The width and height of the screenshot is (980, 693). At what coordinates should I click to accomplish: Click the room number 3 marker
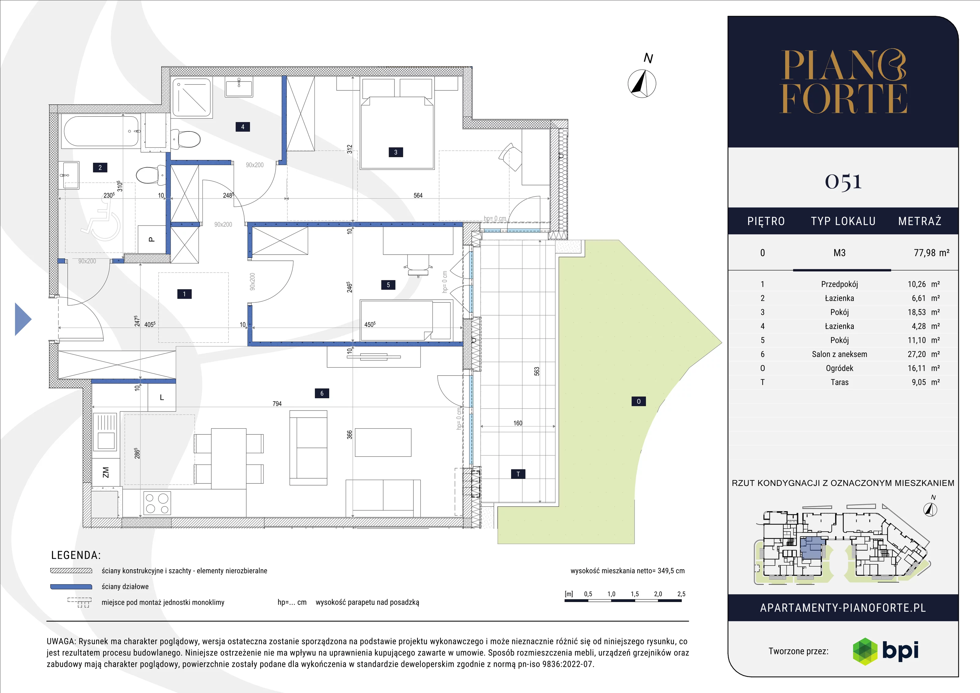click(x=396, y=152)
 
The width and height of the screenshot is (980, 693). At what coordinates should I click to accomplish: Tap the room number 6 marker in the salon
click(x=322, y=393)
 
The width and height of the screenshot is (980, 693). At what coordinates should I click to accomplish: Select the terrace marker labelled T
click(x=518, y=474)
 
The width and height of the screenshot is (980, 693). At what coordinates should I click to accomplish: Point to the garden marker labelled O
click(x=639, y=401)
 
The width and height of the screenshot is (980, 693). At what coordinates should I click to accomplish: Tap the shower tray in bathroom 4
click(x=192, y=97)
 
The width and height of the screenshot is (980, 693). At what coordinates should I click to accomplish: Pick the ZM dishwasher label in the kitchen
click(x=105, y=472)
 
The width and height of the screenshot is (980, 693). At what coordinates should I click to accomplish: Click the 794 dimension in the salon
click(x=277, y=403)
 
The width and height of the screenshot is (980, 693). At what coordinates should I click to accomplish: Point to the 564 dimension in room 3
click(x=418, y=195)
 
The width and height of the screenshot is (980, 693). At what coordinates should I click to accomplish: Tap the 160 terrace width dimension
click(x=518, y=423)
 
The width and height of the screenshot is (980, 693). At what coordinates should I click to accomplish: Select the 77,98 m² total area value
click(x=931, y=253)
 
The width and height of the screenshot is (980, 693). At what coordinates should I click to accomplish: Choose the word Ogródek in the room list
click(x=839, y=368)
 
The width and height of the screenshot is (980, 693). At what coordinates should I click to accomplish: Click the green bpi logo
click(x=865, y=651)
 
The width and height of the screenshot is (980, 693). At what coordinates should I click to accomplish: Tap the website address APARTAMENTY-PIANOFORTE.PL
click(x=843, y=608)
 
